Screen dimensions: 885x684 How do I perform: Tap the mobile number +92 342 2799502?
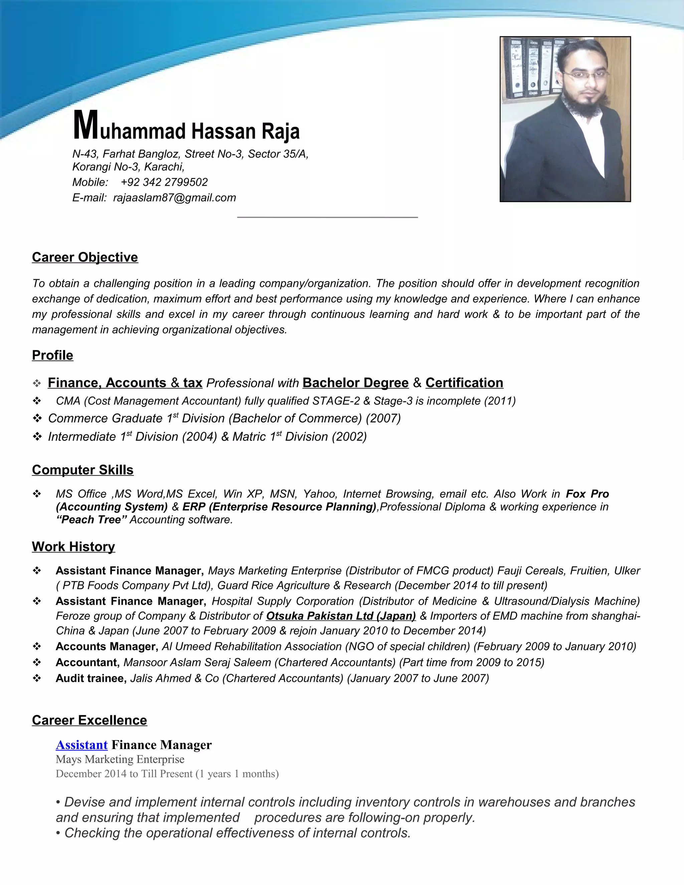164,182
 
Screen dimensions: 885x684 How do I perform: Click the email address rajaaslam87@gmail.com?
174,198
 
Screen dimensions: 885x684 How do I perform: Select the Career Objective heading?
85,257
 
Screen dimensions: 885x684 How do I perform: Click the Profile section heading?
53,355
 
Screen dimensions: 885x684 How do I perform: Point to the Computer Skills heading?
83,470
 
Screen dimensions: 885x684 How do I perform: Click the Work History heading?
73,547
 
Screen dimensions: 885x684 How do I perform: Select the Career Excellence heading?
90,720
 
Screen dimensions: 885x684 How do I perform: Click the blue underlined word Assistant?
81,745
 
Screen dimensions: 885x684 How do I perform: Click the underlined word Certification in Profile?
464,383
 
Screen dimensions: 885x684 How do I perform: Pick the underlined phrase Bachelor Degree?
355,383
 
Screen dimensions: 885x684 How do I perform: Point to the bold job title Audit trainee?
91,678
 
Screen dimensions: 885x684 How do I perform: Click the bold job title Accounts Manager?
107,646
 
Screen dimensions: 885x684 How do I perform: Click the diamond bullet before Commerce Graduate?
37,418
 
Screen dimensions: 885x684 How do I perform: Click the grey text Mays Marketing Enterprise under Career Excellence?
120,759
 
